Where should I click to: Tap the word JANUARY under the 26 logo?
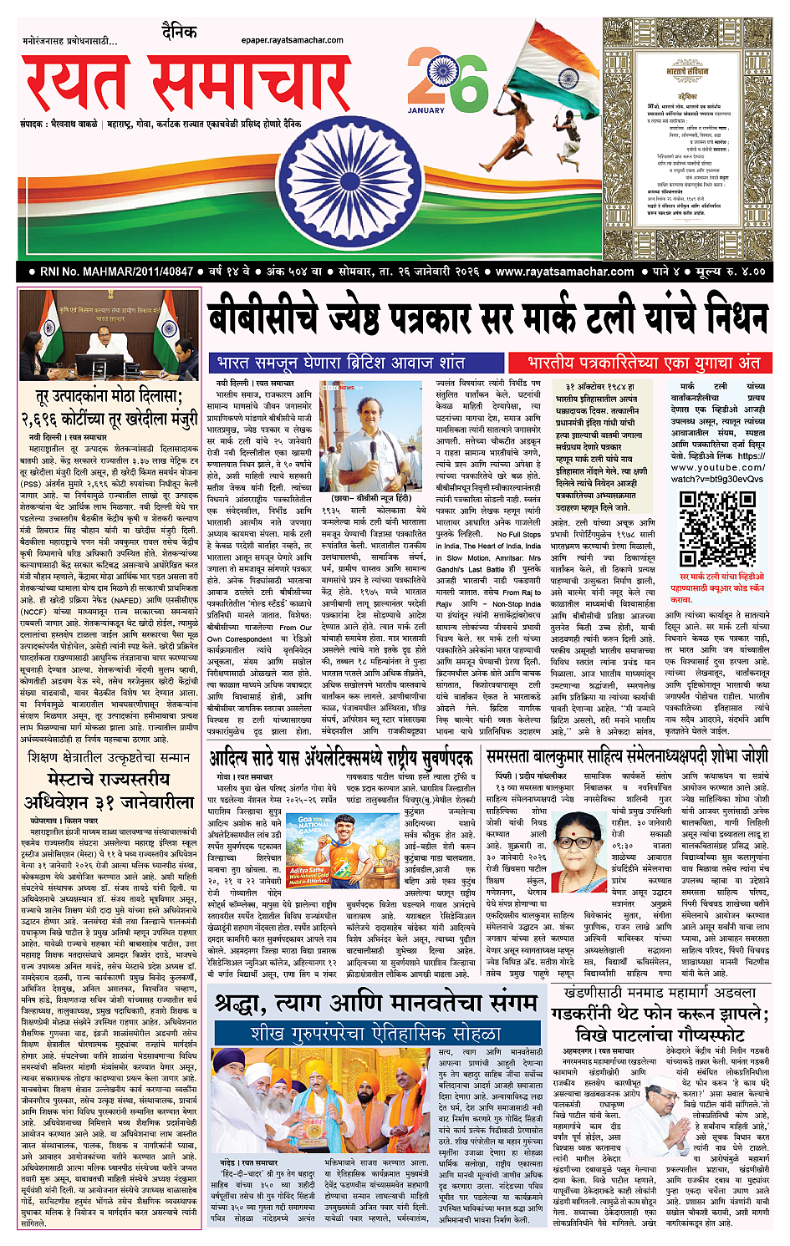point(426,110)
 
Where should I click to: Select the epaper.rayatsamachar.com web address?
point(292,39)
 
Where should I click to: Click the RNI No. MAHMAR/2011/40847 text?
point(117,272)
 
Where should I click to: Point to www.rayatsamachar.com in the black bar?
point(564,272)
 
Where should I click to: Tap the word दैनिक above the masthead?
point(180,33)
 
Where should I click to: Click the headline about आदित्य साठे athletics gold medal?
point(341,759)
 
